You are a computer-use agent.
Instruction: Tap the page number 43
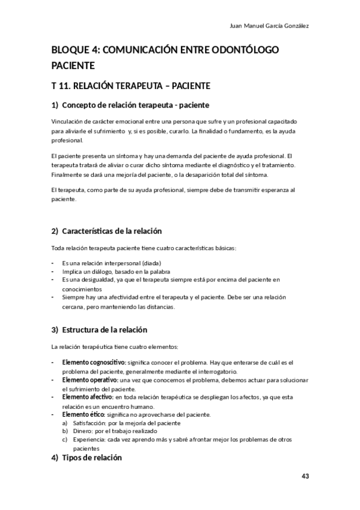coord(305,476)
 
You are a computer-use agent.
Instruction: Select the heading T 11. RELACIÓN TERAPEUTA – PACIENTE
coord(130,85)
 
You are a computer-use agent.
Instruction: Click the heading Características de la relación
coord(111,231)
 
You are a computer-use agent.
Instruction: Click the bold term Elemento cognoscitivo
coord(94,363)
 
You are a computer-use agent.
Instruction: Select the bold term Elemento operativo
coord(90,380)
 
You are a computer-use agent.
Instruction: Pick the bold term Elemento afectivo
coord(88,397)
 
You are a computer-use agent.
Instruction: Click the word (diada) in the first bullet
coord(151,263)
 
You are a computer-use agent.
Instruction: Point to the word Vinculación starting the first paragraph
coord(70,121)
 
